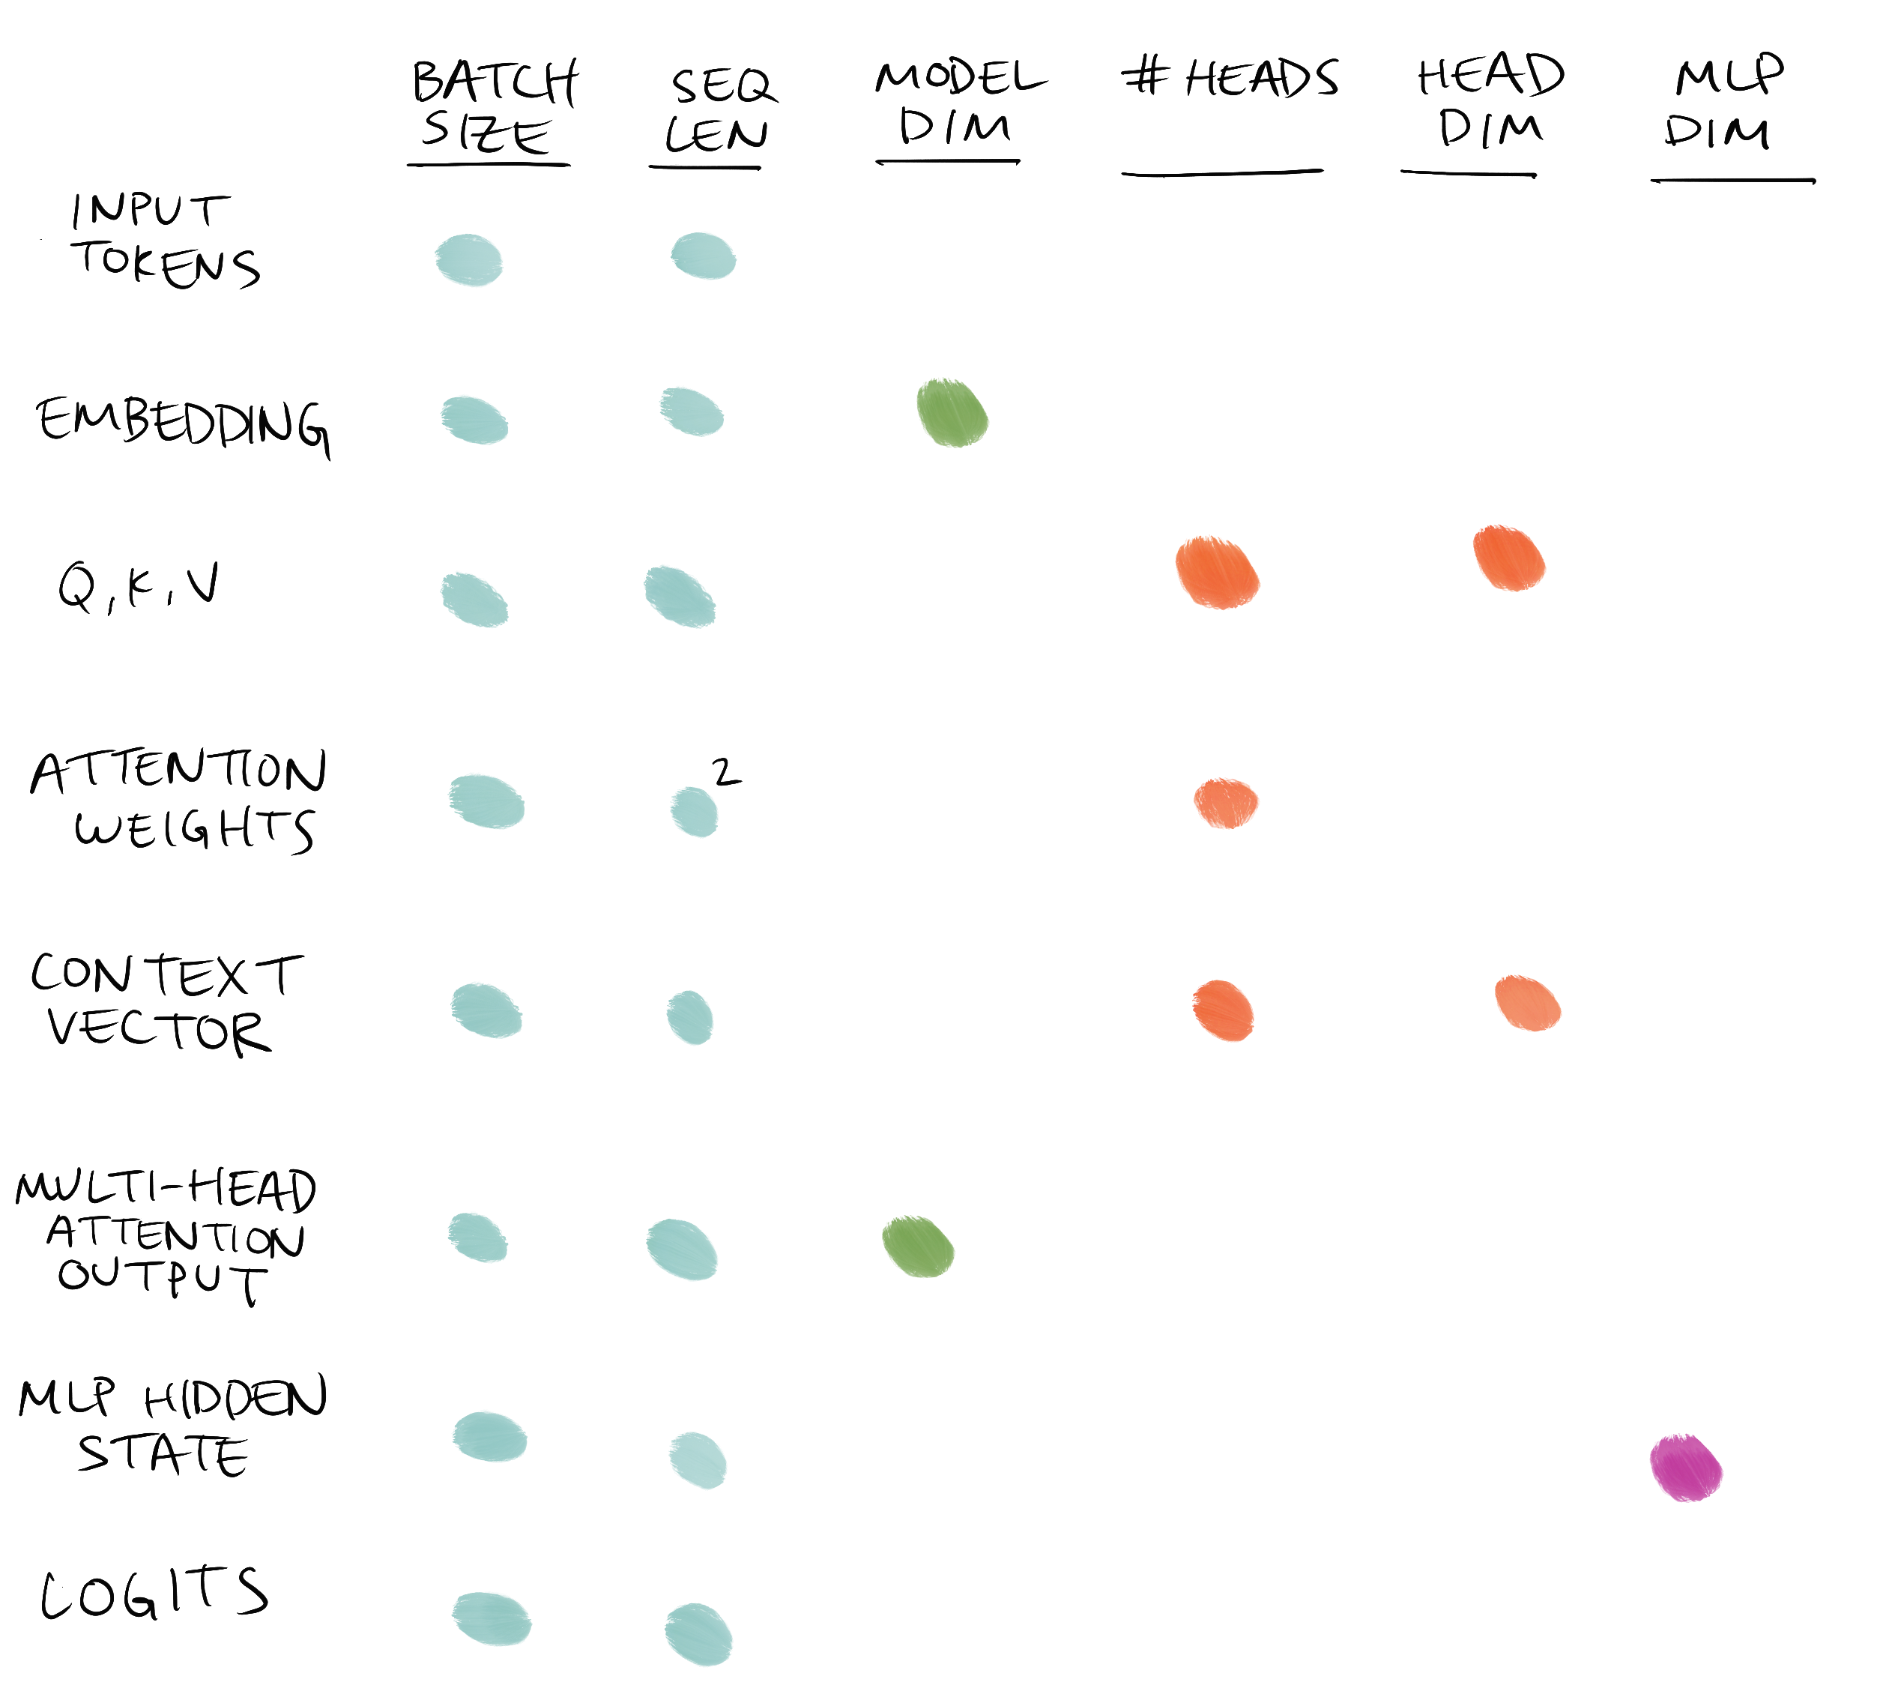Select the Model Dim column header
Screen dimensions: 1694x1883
(x=958, y=103)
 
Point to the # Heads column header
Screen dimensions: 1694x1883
(x=1229, y=77)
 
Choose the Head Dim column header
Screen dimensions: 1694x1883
(x=1490, y=101)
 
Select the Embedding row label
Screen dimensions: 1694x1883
(x=182, y=423)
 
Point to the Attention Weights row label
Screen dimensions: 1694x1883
(x=178, y=801)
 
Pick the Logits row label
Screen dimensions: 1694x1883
(x=154, y=1594)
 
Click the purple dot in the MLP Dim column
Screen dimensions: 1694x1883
(x=1685, y=1468)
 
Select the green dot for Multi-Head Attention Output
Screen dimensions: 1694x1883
(x=917, y=1247)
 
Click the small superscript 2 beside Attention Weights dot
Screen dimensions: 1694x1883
(x=725, y=771)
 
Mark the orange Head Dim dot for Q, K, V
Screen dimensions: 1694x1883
(x=1508, y=558)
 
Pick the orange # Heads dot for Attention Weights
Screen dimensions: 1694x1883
(x=1225, y=802)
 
